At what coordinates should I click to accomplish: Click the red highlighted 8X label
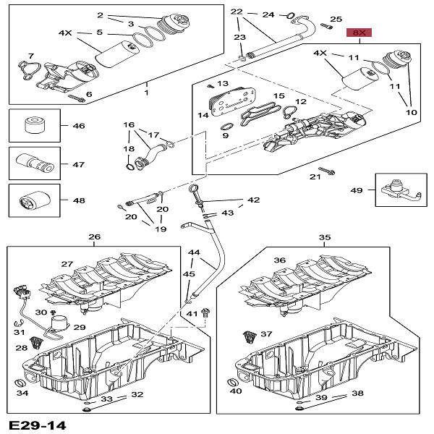pyautogui.click(x=359, y=33)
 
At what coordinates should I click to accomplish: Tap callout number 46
pyautogui.click(x=78, y=126)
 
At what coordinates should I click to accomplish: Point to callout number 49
pyautogui.click(x=356, y=190)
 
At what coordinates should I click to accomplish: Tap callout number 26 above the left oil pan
pyautogui.click(x=94, y=237)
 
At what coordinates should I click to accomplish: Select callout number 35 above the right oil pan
pyautogui.click(x=325, y=237)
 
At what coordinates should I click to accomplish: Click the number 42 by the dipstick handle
pyautogui.click(x=253, y=200)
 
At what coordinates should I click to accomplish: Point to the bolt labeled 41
pyautogui.click(x=206, y=312)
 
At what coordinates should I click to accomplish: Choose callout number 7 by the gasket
pyautogui.click(x=30, y=56)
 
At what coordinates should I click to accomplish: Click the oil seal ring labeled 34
pyautogui.click(x=20, y=382)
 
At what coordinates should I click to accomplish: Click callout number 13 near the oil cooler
pyautogui.click(x=223, y=85)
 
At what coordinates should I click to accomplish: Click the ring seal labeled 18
pyautogui.click(x=129, y=168)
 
